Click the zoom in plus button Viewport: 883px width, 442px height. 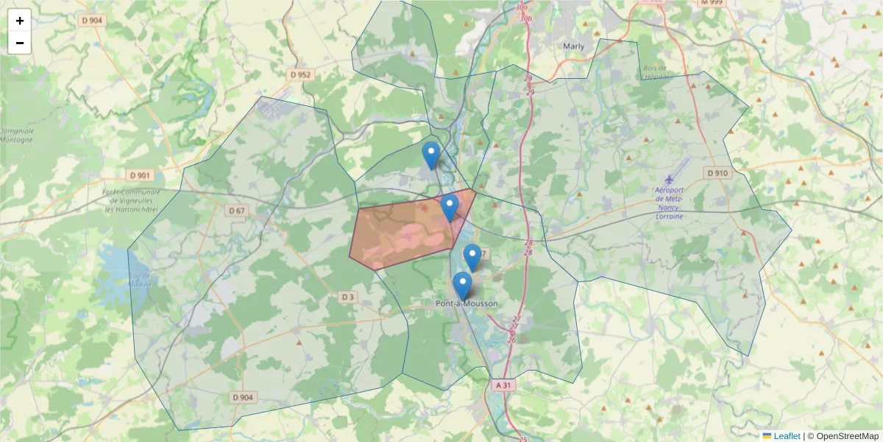20,21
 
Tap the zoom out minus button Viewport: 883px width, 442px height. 20,43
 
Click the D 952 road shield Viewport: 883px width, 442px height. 301,74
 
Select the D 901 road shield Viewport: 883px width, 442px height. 138,175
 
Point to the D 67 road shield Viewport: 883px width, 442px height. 236,211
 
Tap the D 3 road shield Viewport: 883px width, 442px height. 348,297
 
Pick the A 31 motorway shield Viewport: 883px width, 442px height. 503,385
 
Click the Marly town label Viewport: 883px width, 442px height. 573,46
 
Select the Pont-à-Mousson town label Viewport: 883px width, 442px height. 467,304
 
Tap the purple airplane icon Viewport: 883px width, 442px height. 669,179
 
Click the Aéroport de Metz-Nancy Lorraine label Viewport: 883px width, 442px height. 669,203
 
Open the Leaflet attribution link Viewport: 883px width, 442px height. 786,436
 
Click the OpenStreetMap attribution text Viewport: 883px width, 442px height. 843,436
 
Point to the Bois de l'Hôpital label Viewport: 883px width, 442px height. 656,72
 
